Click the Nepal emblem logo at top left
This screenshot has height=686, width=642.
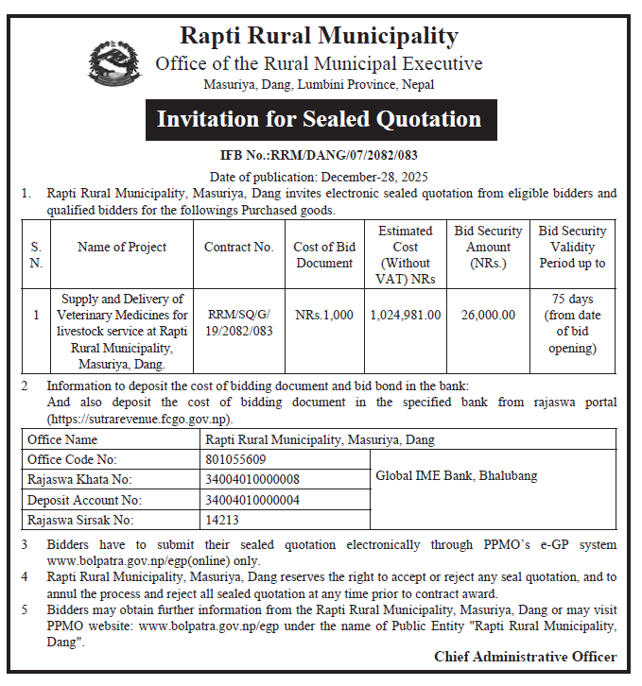(x=111, y=64)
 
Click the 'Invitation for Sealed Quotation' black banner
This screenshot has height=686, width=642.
(x=319, y=119)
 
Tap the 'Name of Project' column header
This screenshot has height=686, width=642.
(x=122, y=248)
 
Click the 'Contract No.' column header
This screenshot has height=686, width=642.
(x=238, y=248)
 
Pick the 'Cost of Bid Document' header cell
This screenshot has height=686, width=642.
(x=324, y=255)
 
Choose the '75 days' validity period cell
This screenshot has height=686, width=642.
(x=572, y=323)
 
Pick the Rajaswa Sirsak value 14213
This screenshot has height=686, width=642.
(x=222, y=520)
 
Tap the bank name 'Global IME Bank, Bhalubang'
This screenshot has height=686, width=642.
(x=456, y=475)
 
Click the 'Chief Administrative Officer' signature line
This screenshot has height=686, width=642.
(x=525, y=657)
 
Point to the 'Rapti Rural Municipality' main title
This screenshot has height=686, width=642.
(x=319, y=37)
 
